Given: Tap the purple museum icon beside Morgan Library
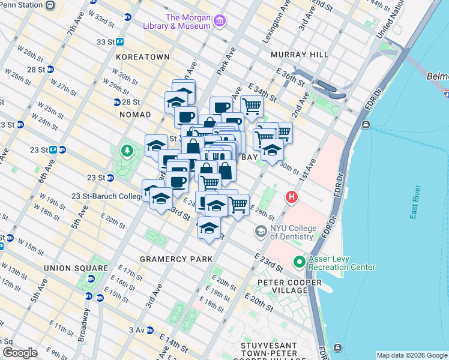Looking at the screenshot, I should coord(220,22).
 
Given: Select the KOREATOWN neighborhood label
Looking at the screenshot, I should coord(143,57).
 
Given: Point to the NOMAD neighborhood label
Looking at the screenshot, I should coord(134,114).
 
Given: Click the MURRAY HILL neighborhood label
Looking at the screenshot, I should coord(300,55).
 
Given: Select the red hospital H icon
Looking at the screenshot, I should coord(292,197).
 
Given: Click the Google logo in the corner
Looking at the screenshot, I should coord(20,353).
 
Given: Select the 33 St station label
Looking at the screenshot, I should coord(106,42).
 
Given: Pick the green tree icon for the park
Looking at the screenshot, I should coord(126,150).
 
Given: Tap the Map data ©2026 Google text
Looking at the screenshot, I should coord(412,355).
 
